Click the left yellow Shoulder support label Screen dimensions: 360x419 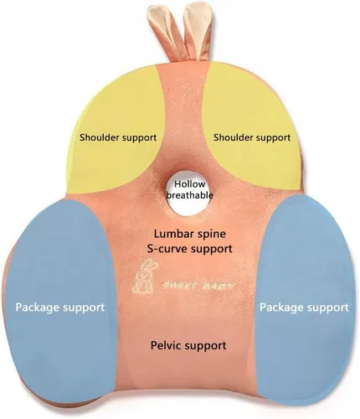click(118, 137)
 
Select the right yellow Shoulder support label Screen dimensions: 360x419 click(252, 137)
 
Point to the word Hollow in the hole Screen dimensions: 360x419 click(190, 184)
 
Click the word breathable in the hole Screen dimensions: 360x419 click(190, 195)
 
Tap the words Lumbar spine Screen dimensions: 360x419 click(190, 234)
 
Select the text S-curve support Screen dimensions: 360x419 click(190, 248)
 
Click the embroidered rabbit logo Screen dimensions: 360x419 click(145, 277)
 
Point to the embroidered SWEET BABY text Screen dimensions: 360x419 click(199, 285)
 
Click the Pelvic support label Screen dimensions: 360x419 click(188, 346)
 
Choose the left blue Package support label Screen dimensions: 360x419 click(60, 308)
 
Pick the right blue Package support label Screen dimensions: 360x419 click(304, 308)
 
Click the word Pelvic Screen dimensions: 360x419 click(167, 345)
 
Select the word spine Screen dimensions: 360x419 click(211, 235)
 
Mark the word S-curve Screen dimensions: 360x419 click(165, 248)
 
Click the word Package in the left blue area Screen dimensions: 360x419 click(38, 308)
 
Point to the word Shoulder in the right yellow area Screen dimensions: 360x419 click(233, 137)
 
